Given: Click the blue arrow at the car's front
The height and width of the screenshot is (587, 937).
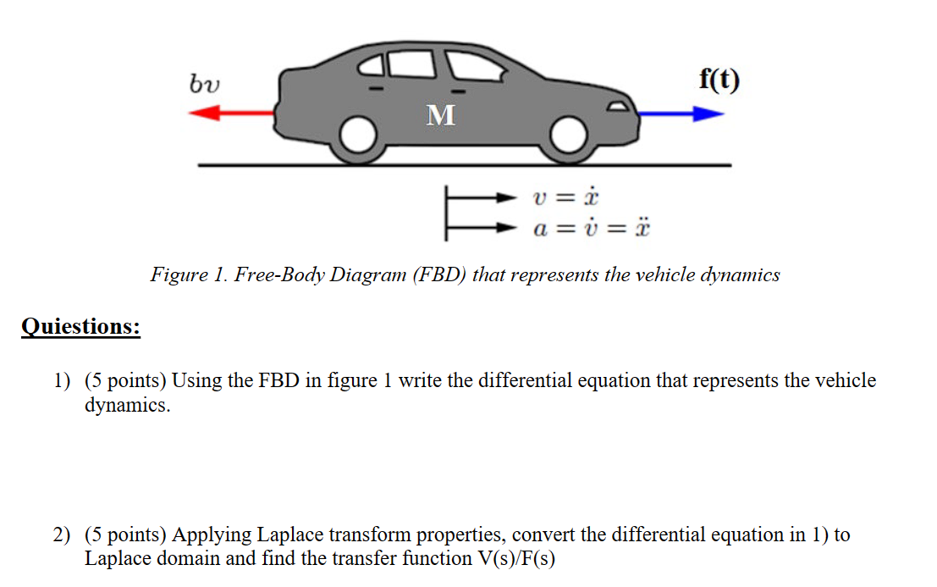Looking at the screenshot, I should [677, 114].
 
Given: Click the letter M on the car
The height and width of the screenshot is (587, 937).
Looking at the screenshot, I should [440, 114].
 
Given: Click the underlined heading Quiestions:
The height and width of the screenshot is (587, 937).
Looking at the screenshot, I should [80, 326].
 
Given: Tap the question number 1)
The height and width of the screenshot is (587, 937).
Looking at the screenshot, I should [62, 381].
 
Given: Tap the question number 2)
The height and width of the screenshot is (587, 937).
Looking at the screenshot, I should [62, 535].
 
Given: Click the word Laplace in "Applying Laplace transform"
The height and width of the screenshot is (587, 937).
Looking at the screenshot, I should [289, 535].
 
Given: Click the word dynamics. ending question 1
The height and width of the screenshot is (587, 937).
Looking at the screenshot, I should [127, 405].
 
